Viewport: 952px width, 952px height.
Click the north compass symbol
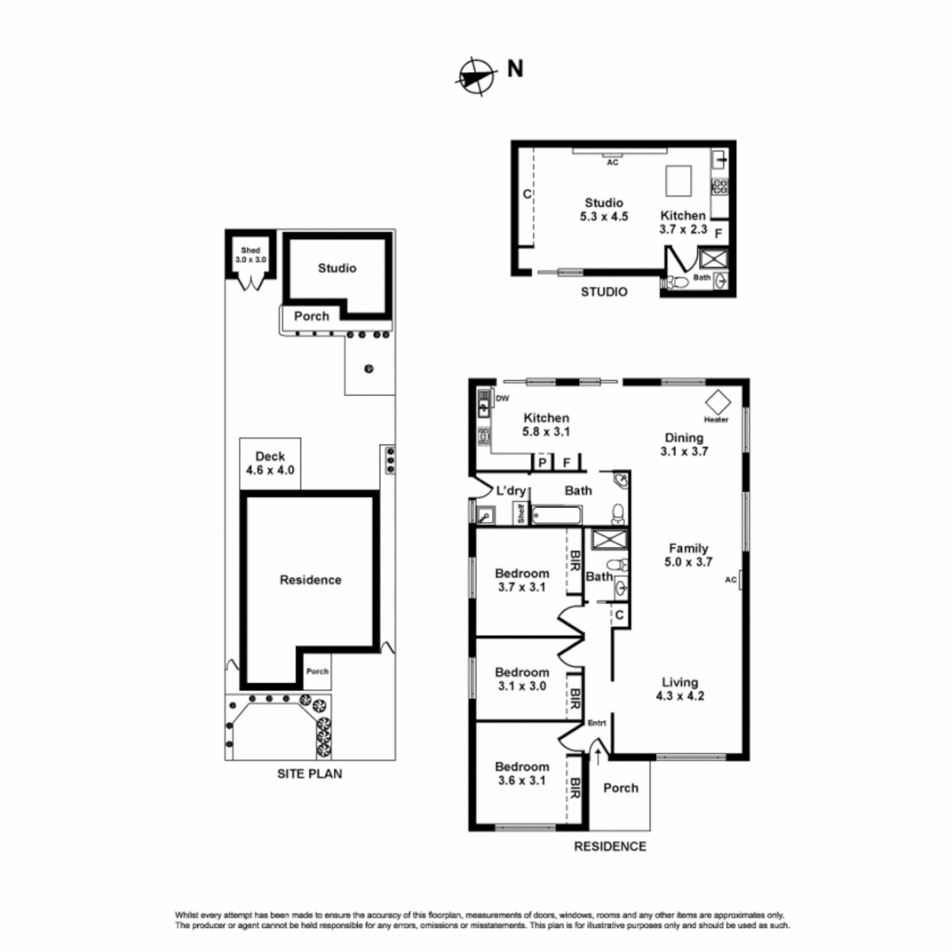click(x=475, y=77)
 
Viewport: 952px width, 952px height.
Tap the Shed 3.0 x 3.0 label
click(x=250, y=255)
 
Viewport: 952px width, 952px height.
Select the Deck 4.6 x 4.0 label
click(x=271, y=464)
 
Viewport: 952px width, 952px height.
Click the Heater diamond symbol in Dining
click(x=718, y=402)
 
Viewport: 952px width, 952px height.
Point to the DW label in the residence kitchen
click(x=502, y=399)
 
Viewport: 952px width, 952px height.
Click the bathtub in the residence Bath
click(x=557, y=516)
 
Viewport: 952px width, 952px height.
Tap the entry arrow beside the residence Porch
click(x=598, y=756)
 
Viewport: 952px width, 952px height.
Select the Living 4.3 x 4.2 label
click(x=680, y=689)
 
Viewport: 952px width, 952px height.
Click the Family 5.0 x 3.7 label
click(x=688, y=555)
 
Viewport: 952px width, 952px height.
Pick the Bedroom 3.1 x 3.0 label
click(x=522, y=679)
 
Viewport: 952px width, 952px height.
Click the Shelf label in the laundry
click(x=521, y=514)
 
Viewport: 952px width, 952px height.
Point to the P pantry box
click(x=543, y=463)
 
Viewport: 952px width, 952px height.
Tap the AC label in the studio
click(x=613, y=163)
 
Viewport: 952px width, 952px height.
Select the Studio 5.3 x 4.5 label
click(x=604, y=210)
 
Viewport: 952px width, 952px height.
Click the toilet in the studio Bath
click(x=677, y=282)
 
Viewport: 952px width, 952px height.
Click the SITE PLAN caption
click(x=309, y=774)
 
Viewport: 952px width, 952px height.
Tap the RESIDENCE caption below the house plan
click(x=610, y=846)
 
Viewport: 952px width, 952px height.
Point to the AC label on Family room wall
click(x=731, y=580)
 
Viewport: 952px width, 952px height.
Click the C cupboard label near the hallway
click(x=620, y=615)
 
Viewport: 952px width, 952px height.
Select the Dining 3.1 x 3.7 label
click(x=684, y=444)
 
